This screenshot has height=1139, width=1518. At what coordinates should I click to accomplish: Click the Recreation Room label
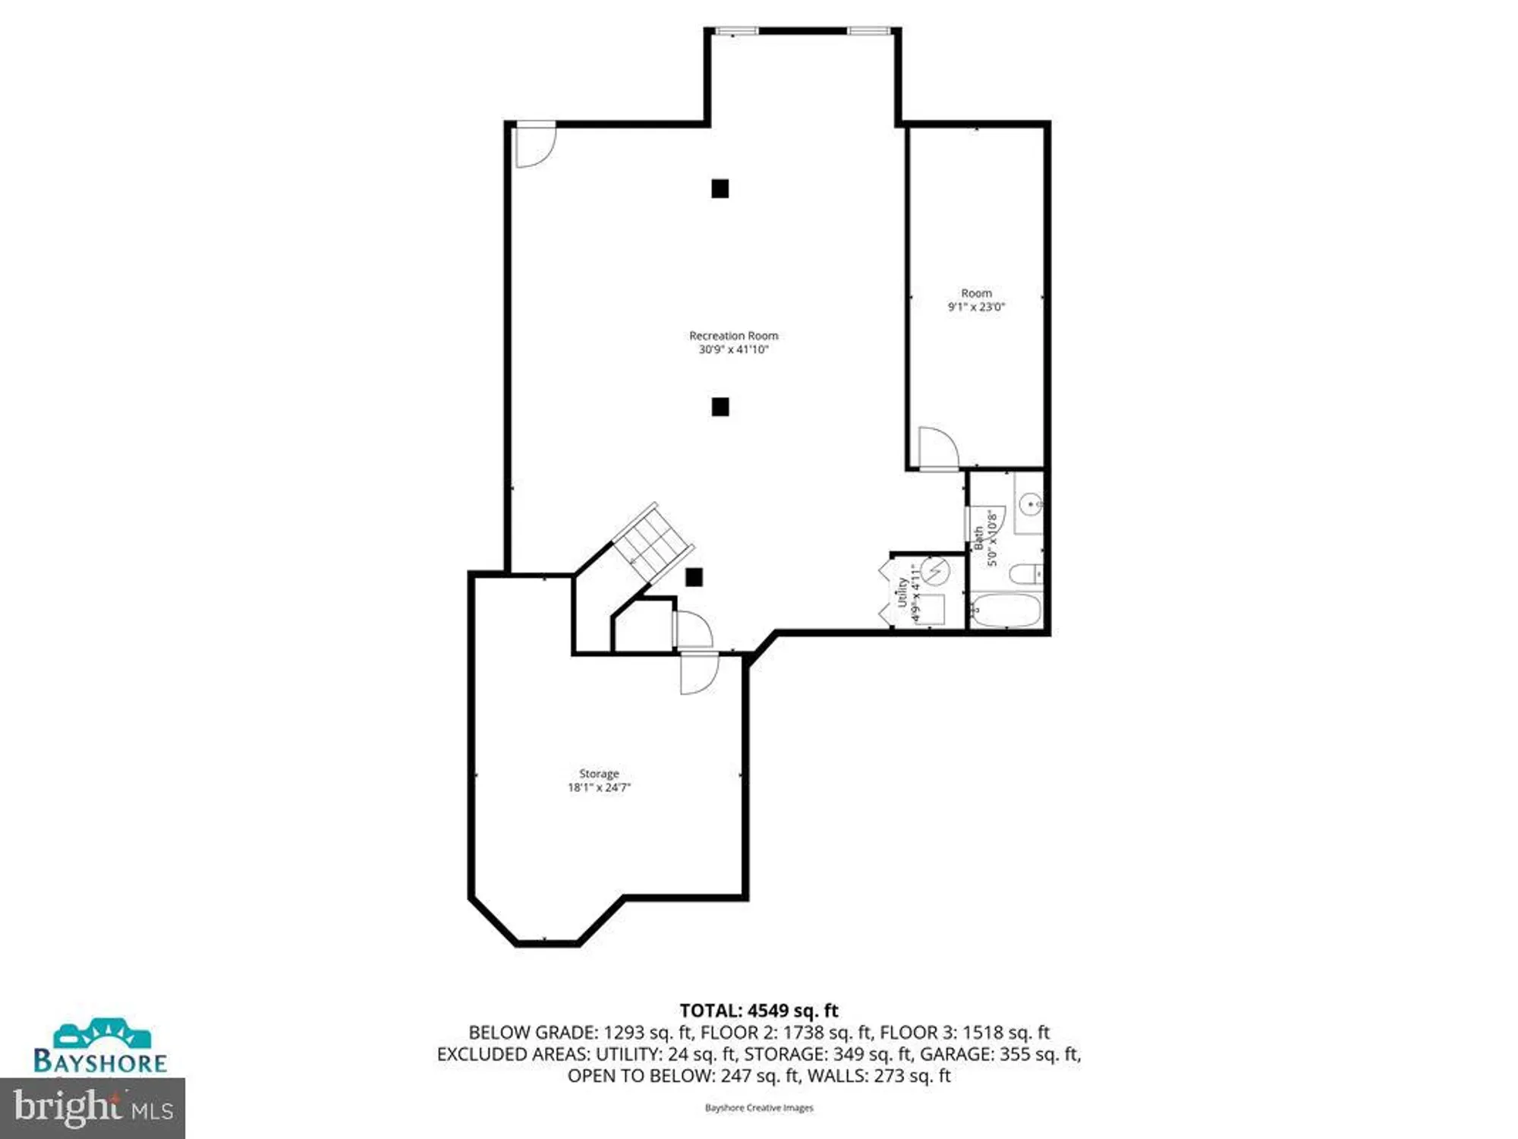coord(733,336)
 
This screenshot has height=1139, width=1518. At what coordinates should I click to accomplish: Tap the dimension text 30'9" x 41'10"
coord(733,349)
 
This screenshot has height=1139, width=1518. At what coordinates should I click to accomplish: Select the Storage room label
coord(599,774)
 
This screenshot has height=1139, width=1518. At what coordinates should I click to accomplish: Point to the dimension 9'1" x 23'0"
coord(976,307)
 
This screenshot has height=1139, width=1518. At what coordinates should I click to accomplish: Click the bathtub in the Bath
coord(1006,611)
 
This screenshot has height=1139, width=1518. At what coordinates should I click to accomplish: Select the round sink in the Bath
coord(1029,503)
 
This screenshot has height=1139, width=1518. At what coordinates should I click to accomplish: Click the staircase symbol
coord(652,542)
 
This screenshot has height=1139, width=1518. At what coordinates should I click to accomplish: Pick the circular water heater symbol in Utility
coord(936,570)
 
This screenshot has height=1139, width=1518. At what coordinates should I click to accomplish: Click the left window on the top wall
coord(737,31)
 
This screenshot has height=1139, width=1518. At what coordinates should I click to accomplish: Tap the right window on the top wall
coord(869,31)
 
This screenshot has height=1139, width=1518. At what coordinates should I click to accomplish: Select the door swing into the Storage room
coord(698,673)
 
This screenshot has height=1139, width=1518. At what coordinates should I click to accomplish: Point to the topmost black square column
coord(720,188)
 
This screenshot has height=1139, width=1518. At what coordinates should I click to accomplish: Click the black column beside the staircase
coord(694,577)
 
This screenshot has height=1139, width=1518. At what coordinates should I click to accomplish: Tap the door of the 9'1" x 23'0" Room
coord(938,448)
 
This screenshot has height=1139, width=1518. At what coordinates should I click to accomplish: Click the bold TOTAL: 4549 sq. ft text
coord(758,1011)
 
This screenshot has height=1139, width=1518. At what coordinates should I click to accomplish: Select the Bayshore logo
coord(100,1047)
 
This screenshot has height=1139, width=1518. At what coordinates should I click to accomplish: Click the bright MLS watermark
coord(93,1108)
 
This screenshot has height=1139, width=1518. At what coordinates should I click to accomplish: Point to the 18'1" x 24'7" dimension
coord(599,787)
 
